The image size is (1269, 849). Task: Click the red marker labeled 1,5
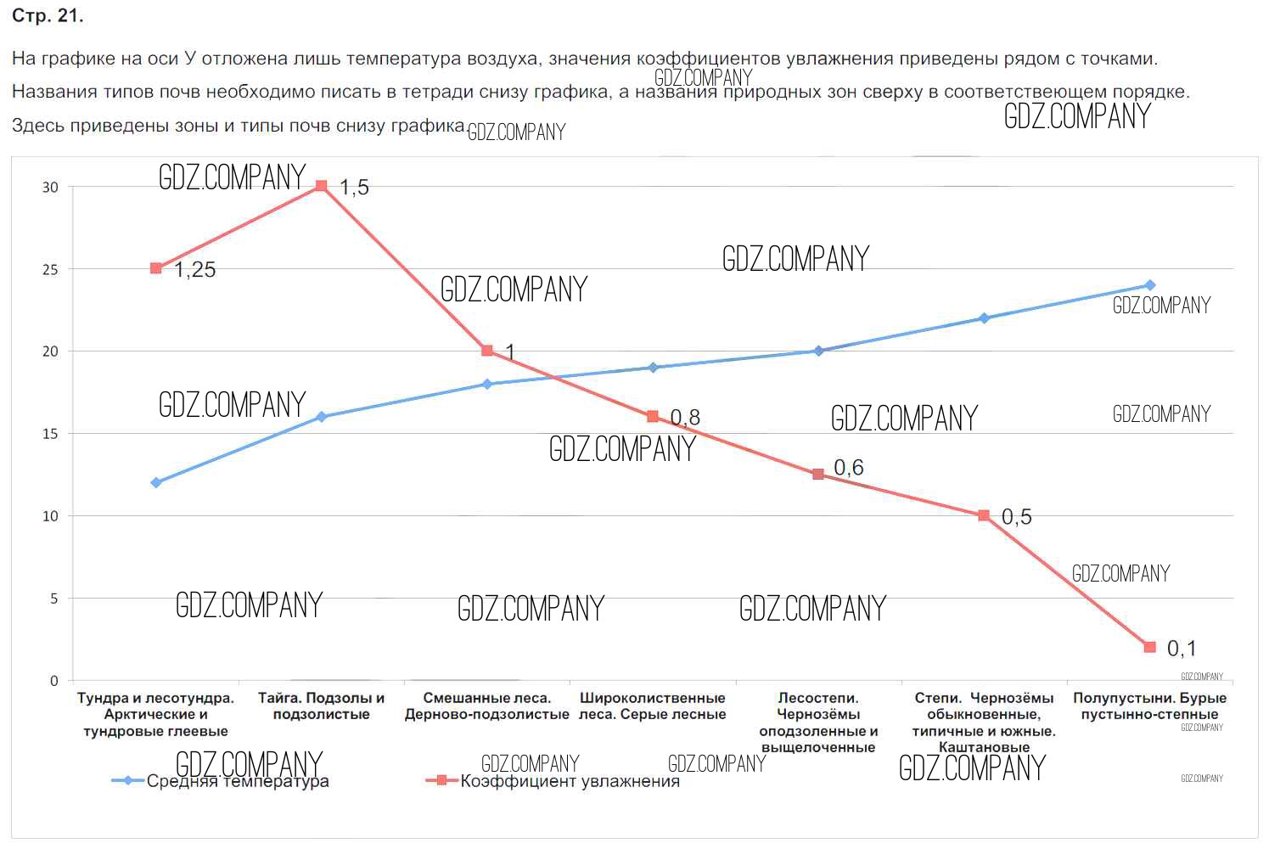(x=321, y=186)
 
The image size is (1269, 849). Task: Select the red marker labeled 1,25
(x=156, y=268)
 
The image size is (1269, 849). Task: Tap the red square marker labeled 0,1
(x=1150, y=647)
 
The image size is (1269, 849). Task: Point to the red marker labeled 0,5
(x=984, y=515)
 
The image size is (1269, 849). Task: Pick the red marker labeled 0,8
(x=653, y=417)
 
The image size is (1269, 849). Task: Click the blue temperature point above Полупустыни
(x=1150, y=285)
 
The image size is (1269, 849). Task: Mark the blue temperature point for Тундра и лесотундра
(x=156, y=483)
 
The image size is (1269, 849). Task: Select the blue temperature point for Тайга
(x=321, y=417)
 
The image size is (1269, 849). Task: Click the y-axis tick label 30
(x=50, y=187)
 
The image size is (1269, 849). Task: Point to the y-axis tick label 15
(x=50, y=434)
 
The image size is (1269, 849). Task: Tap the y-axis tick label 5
(x=54, y=599)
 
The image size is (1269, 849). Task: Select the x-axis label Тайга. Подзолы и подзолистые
(x=321, y=706)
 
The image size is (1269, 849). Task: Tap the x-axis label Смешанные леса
(x=486, y=706)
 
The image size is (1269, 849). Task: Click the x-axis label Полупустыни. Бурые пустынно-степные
(x=1149, y=706)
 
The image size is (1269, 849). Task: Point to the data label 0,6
(x=849, y=468)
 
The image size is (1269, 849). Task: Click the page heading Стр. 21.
(x=48, y=16)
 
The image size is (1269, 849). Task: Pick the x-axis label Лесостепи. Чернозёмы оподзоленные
(x=818, y=722)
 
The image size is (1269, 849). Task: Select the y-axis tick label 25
(x=50, y=269)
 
